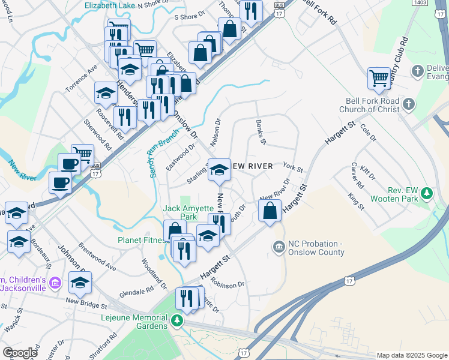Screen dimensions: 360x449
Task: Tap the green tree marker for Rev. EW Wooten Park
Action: (427, 193)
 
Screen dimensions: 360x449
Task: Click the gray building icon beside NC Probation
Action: (279, 246)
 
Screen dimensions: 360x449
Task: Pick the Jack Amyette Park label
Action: (188, 212)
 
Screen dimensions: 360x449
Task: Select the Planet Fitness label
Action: (142, 241)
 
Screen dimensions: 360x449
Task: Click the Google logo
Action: (20, 353)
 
